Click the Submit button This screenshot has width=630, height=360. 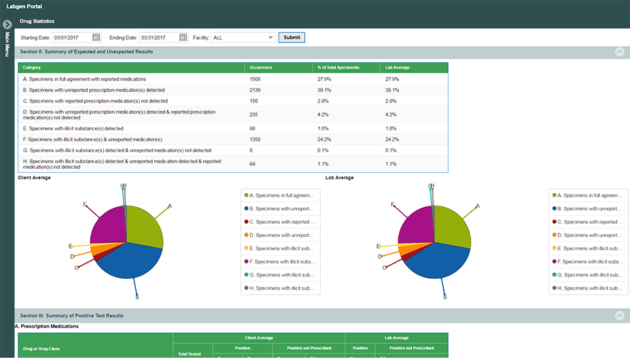(x=292, y=37)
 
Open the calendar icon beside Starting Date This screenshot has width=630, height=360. (x=96, y=37)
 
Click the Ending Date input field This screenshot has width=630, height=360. (x=160, y=37)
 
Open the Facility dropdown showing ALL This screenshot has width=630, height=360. (x=243, y=37)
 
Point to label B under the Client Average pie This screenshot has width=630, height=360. (x=137, y=297)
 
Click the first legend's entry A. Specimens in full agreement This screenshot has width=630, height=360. (x=281, y=195)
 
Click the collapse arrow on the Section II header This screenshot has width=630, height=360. (x=620, y=52)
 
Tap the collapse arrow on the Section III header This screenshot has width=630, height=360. (x=620, y=315)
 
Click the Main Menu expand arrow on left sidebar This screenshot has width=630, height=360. (x=7, y=24)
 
